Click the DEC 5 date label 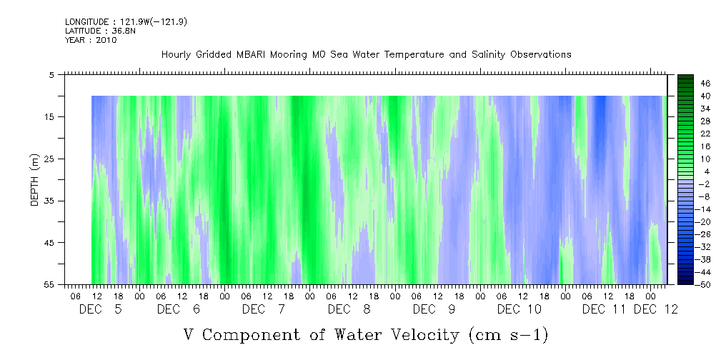(100, 309)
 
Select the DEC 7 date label (264, 309)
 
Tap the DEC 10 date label (519, 309)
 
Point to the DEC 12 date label (656, 309)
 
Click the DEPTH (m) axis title (34, 180)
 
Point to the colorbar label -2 (705, 184)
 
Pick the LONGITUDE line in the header (126, 21)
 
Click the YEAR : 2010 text (91, 40)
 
